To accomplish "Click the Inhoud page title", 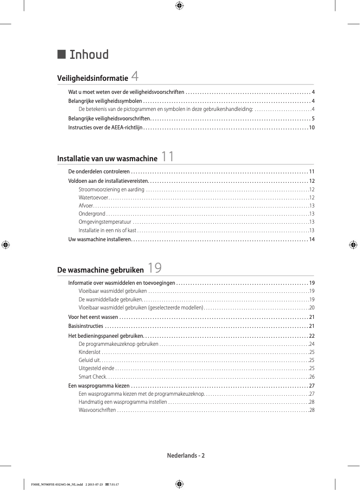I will tap(89, 55).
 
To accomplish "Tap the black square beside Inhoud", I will tap(62, 54).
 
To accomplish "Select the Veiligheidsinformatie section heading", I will tap(92, 79).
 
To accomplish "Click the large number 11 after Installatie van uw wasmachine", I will tap(167, 157).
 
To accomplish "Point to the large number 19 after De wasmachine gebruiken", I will tap(154, 268).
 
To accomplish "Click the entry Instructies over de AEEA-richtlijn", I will tap(105, 128).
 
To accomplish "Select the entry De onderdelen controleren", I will tap(99, 172).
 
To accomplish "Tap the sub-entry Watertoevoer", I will tap(93, 198).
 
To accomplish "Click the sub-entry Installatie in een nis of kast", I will tap(107, 230).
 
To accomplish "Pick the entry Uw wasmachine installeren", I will tap(99, 239).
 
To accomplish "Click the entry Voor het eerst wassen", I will tap(93, 317).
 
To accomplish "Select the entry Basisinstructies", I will tap(86, 326).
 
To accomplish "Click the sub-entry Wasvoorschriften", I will tap(97, 410).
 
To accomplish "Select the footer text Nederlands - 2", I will tap(186, 455).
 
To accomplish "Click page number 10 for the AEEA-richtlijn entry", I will tap(311, 128).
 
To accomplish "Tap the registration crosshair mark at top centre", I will tap(179, 6).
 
